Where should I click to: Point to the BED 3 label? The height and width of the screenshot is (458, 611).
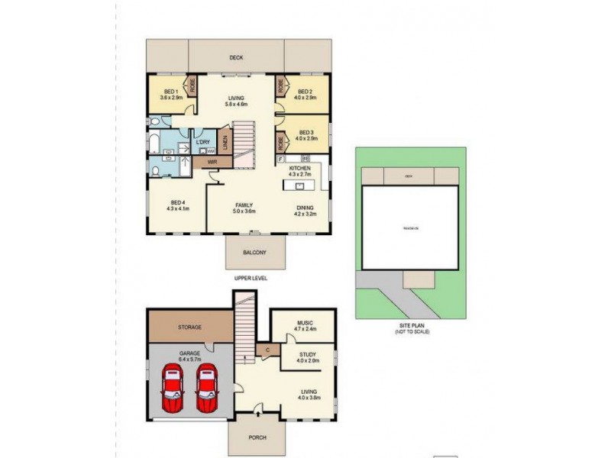click(x=305, y=131)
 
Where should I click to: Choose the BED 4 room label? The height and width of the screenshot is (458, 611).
click(x=178, y=202)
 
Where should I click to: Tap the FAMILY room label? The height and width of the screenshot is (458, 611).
click(x=244, y=206)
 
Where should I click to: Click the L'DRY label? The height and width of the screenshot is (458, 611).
click(x=203, y=143)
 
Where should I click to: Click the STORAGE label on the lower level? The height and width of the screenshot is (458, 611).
click(x=190, y=327)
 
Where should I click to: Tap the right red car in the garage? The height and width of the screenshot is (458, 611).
click(x=206, y=389)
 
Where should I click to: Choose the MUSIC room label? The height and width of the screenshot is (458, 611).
click(x=305, y=324)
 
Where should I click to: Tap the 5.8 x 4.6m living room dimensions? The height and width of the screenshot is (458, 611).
click(x=236, y=105)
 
